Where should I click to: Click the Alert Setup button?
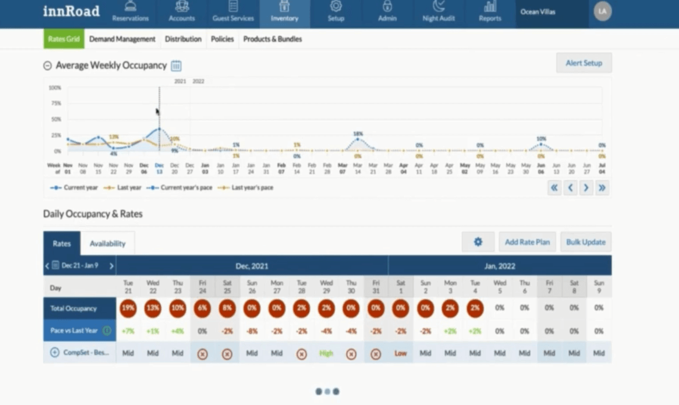pyautogui.click(x=584, y=63)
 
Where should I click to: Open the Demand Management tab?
pyautogui.click(x=122, y=39)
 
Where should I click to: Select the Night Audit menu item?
pyautogui.click(x=438, y=12)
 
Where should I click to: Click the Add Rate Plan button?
pyautogui.click(x=527, y=242)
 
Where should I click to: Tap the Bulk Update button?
pyautogui.click(x=585, y=242)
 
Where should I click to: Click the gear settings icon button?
pyautogui.click(x=478, y=242)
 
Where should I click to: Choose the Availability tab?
pyautogui.click(x=107, y=244)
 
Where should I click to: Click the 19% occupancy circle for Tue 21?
pyautogui.click(x=128, y=309)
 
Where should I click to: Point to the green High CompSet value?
pyautogui.click(x=326, y=353)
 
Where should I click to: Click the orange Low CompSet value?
pyautogui.click(x=401, y=353)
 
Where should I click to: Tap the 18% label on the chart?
pyautogui.click(x=357, y=134)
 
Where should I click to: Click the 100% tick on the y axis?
pyautogui.click(x=55, y=88)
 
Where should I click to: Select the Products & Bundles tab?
pyautogui.click(x=272, y=39)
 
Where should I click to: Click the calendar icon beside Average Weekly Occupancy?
pyautogui.click(x=176, y=66)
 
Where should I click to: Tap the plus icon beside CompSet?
pyautogui.click(x=55, y=353)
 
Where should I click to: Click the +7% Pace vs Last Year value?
pyautogui.click(x=128, y=331)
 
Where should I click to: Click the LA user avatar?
pyautogui.click(x=602, y=12)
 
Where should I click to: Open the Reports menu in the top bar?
pyautogui.click(x=490, y=12)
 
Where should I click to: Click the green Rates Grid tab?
pyautogui.click(x=64, y=39)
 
